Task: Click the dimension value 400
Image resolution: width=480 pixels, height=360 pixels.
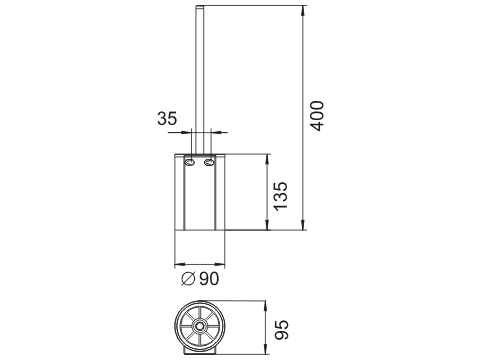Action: (x=317, y=116)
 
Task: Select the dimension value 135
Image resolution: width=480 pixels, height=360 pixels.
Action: (x=280, y=196)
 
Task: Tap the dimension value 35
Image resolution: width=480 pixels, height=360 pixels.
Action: (x=167, y=118)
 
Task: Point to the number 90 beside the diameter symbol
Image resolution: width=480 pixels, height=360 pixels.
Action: (x=209, y=279)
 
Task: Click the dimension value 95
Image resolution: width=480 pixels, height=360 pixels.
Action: (x=281, y=330)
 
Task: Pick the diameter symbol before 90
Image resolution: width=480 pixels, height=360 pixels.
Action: (x=188, y=279)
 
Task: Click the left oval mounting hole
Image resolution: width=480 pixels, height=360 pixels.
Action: (x=190, y=163)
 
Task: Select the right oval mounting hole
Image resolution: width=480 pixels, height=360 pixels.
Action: (x=209, y=163)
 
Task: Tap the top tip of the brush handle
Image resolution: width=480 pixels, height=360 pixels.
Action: (x=200, y=6)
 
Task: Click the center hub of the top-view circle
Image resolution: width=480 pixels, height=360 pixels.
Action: (x=200, y=326)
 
